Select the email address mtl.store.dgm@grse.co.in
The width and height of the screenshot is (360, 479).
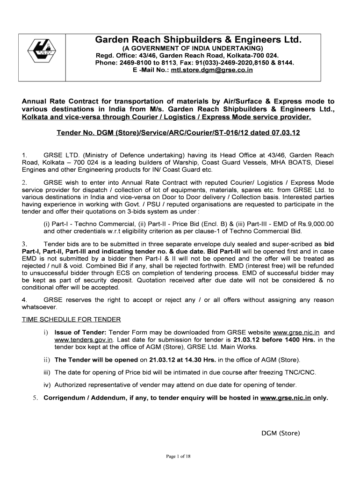tap(212, 70)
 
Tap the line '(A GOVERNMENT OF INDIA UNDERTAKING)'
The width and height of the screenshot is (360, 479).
tap(192, 49)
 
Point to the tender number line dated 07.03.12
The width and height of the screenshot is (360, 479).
tap(178, 133)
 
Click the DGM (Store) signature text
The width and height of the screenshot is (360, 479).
tap(281, 433)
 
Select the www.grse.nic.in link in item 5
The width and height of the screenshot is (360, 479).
tap(285, 398)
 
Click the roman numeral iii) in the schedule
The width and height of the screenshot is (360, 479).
tap(47, 372)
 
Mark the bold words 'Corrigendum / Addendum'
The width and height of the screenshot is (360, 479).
tap(86, 398)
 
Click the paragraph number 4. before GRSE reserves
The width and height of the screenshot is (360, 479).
tap(24, 300)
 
